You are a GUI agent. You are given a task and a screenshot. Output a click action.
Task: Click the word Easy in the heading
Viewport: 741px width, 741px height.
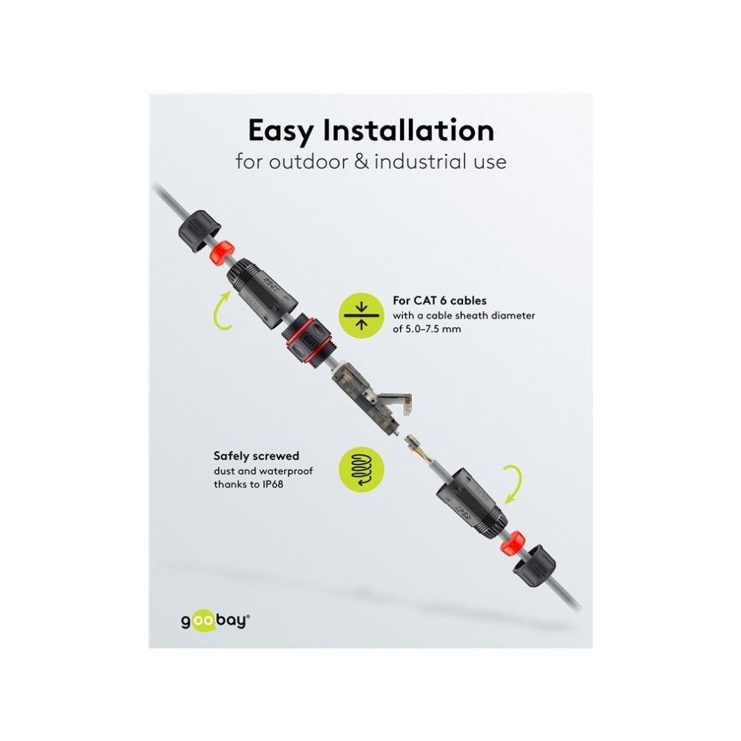click(281, 131)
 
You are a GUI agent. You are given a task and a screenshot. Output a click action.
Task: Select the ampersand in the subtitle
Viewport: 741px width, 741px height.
click(362, 162)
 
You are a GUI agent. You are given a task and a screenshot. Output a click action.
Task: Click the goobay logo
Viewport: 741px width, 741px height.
click(216, 621)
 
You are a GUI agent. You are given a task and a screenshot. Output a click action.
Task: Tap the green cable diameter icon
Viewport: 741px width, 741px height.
click(362, 315)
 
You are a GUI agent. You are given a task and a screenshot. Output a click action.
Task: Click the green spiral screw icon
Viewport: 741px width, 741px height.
click(362, 469)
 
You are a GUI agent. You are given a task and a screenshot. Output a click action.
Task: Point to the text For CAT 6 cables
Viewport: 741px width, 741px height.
click(439, 301)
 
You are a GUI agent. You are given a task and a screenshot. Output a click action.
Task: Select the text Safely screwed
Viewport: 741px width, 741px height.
click(256, 456)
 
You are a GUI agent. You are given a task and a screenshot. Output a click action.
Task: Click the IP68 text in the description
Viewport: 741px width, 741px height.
click(272, 484)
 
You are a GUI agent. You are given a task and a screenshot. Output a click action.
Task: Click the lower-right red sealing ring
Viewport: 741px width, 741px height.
click(512, 543)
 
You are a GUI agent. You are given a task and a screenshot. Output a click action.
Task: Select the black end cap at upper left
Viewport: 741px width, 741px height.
click(199, 231)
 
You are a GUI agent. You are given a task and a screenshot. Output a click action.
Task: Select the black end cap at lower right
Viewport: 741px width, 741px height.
click(534, 565)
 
